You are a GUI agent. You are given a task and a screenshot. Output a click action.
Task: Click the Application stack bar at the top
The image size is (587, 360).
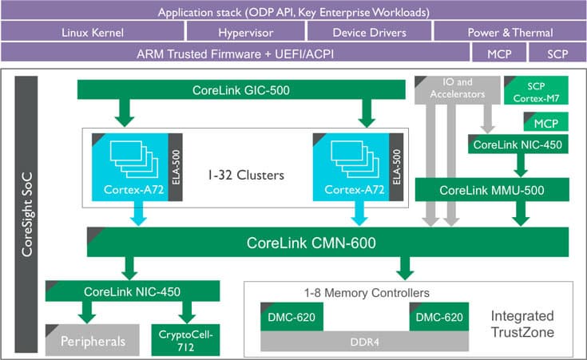pyautogui.click(x=293, y=12)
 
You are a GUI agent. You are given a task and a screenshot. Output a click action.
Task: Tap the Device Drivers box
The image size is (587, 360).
pyautogui.click(x=368, y=33)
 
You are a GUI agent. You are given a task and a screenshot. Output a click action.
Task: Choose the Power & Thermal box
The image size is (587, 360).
pyautogui.click(x=509, y=33)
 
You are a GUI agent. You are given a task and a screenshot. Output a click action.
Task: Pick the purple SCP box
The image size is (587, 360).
pyautogui.click(x=558, y=53)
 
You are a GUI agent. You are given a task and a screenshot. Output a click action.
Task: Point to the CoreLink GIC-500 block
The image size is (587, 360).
pyautogui.click(x=240, y=90)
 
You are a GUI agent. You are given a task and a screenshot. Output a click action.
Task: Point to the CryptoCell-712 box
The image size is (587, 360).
pyautogui.click(x=185, y=341)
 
